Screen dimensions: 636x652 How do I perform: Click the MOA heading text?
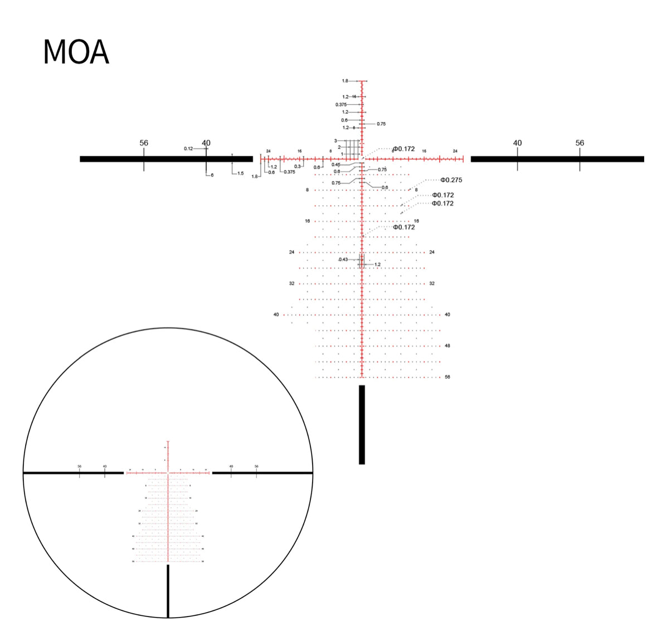click(x=76, y=52)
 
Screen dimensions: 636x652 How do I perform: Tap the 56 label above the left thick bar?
click(x=144, y=143)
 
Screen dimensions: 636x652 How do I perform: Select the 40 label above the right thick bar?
click(x=517, y=143)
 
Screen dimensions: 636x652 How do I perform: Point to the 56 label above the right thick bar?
click(x=580, y=143)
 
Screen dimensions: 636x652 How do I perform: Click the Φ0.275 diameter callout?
click(x=451, y=180)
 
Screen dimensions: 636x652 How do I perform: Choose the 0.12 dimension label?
click(x=188, y=149)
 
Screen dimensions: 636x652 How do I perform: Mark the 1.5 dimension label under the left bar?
click(x=240, y=173)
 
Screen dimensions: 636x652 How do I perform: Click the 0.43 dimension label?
click(x=343, y=260)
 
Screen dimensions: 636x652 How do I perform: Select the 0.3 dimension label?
click(x=298, y=167)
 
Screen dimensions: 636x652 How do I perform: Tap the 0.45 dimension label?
click(x=335, y=164)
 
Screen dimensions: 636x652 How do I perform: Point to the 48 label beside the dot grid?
click(x=447, y=346)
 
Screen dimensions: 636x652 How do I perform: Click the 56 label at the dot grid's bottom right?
click(x=447, y=377)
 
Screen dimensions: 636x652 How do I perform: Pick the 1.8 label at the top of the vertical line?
click(x=345, y=81)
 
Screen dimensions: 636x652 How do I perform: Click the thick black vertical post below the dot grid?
click(x=362, y=424)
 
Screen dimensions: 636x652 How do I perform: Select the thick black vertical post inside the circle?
click(x=168, y=591)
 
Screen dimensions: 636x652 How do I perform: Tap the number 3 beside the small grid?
click(x=335, y=141)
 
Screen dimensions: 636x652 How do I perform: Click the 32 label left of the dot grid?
click(x=291, y=284)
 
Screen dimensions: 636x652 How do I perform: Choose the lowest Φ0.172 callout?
click(x=403, y=227)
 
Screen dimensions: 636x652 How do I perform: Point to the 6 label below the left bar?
click(x=212, y=176)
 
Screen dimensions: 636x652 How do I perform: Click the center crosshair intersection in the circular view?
click(x=168, y=473)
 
